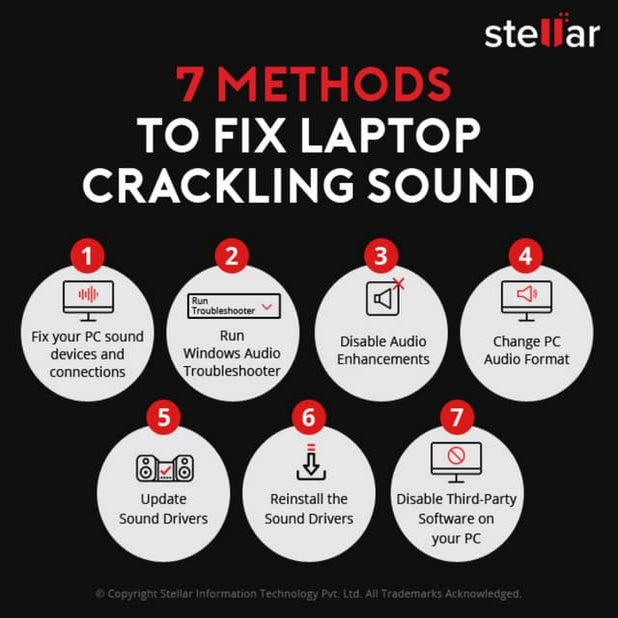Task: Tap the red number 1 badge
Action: pos(87,256)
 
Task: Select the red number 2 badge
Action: pos(232,256)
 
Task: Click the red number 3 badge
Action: pos(379,256)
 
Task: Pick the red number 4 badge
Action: pos(525,256)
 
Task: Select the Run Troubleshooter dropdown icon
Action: pos(232,306)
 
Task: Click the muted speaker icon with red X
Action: pos(383,298)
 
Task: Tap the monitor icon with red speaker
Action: pos(525,297)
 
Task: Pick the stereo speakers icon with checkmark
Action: pos(162,467)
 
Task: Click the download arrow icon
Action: pos(308,462)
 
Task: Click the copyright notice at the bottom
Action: pos(308,593)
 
